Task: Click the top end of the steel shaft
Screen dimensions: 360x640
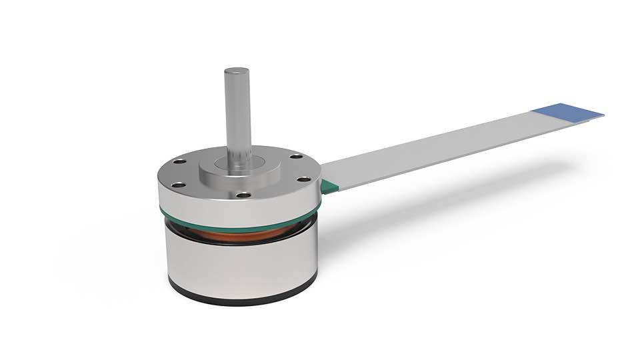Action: click(x=237, y=71)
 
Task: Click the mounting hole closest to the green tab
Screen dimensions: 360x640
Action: click(x=303, y=179)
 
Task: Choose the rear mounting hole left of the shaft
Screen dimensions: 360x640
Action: click(x=180, y=161)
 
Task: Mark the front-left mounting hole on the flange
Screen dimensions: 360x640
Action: click(x=177, y=185)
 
